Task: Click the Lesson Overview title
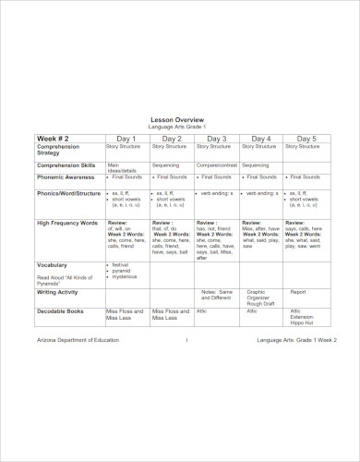(179, 119)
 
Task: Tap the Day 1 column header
(126, 137)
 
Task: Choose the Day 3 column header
(217, 137)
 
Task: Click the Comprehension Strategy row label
(59, 149)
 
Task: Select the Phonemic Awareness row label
(65, 176)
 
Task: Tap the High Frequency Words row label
(67, 223)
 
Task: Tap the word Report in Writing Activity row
(298, 290)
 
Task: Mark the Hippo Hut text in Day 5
(303, 324)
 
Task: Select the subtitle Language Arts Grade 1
(179, 127)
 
